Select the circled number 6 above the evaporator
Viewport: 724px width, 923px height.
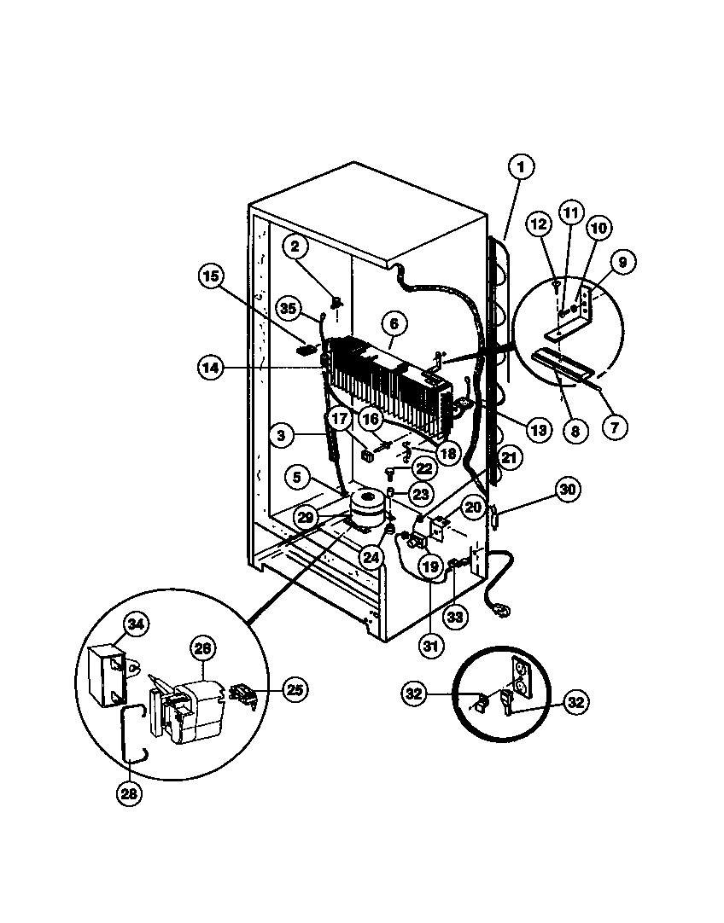pos(394,323)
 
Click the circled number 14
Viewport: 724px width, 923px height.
pos(209,368)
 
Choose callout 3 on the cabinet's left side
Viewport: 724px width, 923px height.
pos(279,435)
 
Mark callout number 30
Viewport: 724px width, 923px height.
pos(568,490)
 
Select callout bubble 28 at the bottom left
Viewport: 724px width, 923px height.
pos(130,792)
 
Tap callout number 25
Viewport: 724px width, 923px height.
pos(294,688)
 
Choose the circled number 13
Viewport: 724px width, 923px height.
pos(537,430)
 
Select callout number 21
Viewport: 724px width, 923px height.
pos(509,457)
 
